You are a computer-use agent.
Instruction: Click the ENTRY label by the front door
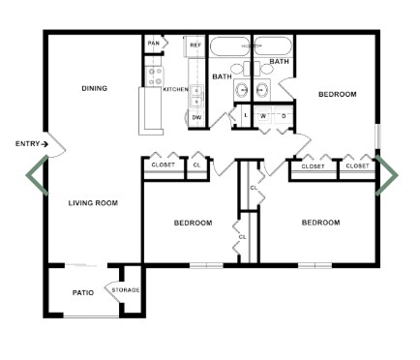(29, 144)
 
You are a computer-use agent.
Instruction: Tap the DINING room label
(94, 88)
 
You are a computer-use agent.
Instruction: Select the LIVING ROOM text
(93, 203)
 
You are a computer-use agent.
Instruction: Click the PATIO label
(82, 292)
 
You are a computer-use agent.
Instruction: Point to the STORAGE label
(126, 290)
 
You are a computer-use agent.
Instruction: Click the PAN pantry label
(153, 44)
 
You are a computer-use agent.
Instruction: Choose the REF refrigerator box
(195, 45)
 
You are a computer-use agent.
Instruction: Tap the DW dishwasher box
(196, 117)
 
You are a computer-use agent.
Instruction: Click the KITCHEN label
(175, 89)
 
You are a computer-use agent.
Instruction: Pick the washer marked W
(262, 116)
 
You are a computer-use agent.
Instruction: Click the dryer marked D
(283, 116)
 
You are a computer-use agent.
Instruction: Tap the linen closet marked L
(246, 116)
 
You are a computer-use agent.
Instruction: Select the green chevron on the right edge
(387, 174)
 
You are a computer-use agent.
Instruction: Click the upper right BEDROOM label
(338, 94)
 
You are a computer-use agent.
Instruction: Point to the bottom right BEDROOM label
(320, 223)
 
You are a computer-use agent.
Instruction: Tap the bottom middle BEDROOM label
(193, 223)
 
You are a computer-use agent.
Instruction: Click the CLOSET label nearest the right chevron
(357, 166)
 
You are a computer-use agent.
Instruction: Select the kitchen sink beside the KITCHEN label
(196, 94)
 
